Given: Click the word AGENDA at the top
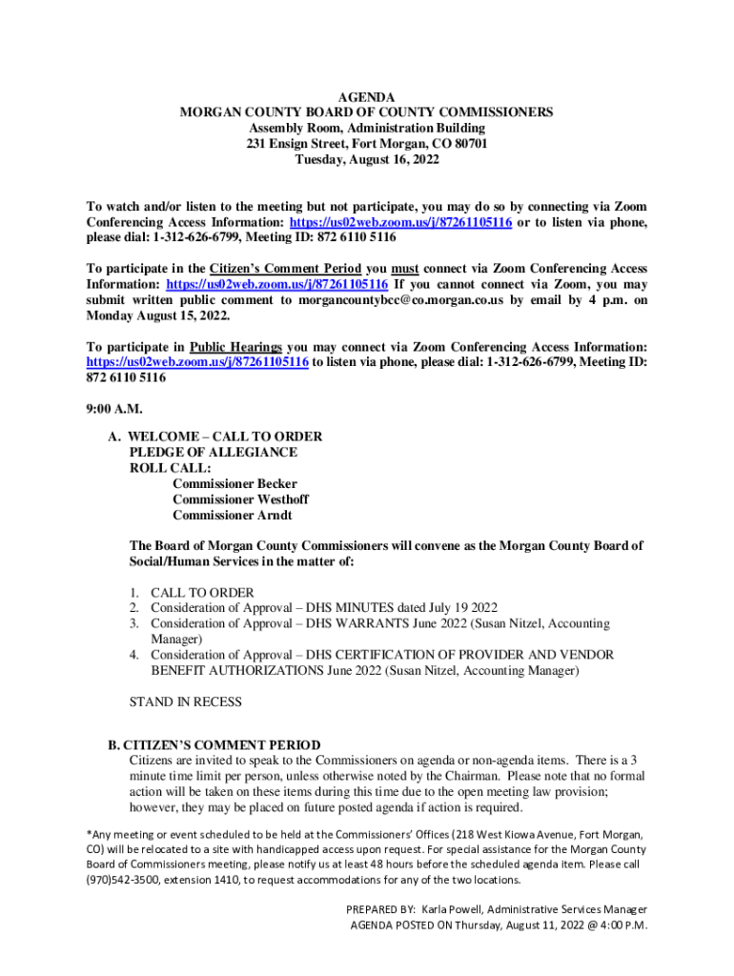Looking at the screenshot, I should pos(367,97).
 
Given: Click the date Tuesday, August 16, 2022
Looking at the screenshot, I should pos(367,160).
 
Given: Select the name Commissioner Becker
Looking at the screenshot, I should pos(234,484).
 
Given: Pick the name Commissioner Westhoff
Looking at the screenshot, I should pos(240,499).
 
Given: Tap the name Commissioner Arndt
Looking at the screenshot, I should pos(233,516).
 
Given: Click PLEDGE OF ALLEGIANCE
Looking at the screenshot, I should pos(214,452).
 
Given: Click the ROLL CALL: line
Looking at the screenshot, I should pos(170,468).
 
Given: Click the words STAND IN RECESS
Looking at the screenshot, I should pos(185,702).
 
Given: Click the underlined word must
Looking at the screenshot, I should pos(405,269).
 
